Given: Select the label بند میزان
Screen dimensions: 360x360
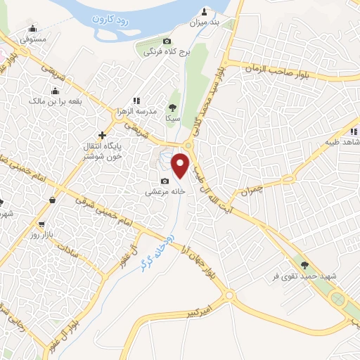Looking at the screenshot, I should tap(205, 22).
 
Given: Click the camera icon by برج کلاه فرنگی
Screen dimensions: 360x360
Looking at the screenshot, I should tap(166, 41).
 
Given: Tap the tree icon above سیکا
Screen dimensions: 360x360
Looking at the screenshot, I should tap(172, 107).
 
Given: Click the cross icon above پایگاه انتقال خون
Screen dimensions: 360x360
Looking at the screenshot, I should tap(103, 134).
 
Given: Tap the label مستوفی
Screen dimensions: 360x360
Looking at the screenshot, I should tap(33, 39).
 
